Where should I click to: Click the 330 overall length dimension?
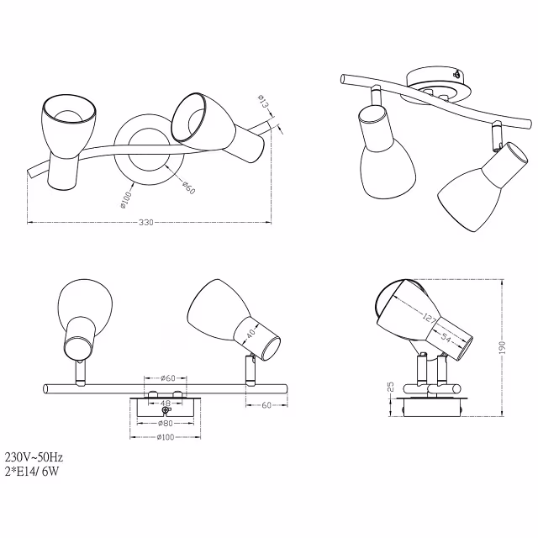point(149,223)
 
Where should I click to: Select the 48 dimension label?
point(165,403)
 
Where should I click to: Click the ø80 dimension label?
point(165,424)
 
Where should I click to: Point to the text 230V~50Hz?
point(34,456)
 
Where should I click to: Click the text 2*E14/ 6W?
point(33,471)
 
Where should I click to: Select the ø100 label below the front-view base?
point(165,437)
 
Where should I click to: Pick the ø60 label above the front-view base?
point(166,378)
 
